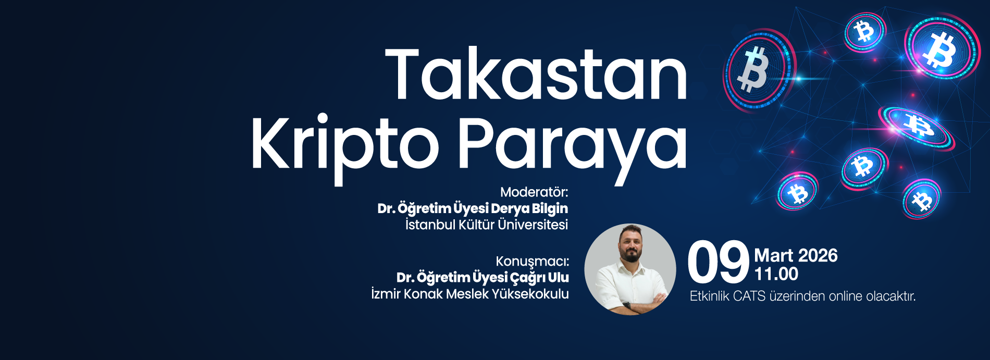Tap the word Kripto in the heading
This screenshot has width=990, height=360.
(x=344, y=143)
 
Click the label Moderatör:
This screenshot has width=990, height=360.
(x=534, y=192)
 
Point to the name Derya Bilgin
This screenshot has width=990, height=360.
(x=529, y=208)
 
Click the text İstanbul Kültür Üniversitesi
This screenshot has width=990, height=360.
(x=487, y=225)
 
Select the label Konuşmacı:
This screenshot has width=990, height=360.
(x=532, y=261)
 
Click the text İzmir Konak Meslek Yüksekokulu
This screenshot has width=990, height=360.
(x=470, y=294)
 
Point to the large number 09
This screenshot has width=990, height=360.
(x=718, y=263)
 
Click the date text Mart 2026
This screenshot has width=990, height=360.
(x=796, y=255)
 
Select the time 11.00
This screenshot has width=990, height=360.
(x=776, y=274)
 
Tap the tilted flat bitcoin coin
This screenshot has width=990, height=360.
(x=917, y=126)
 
